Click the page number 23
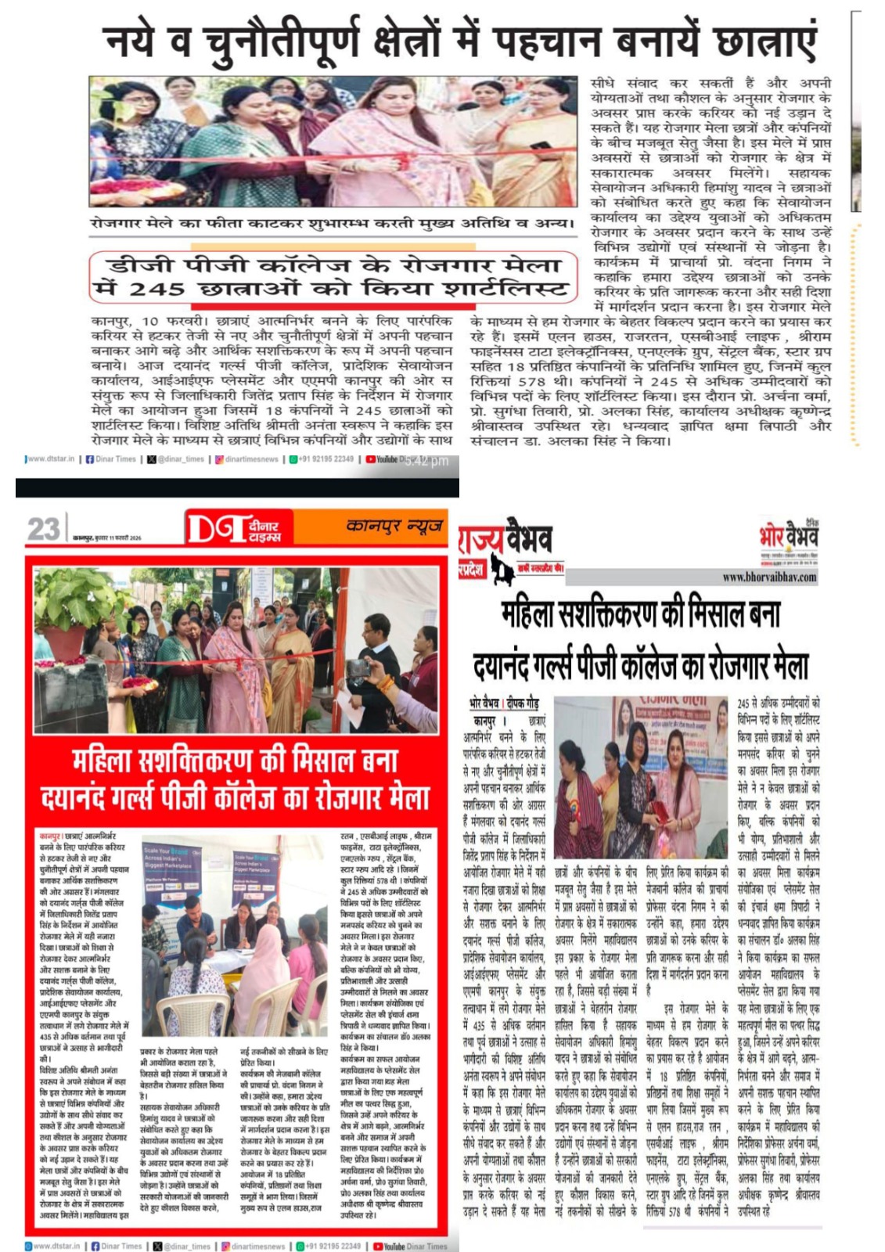tap(43, 529)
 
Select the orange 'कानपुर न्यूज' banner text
tap(394, 525)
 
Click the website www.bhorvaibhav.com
tap(769, 577)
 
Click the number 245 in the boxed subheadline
tap(156, 290)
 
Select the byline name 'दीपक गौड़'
tap(521, 703)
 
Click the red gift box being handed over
tap(661, 811)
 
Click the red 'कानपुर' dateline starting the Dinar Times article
tap(50, 836)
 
